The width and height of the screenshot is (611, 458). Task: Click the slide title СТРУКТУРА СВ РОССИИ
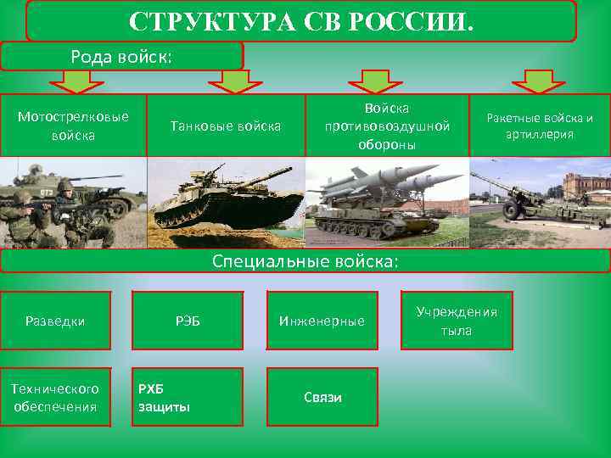pos(301,20)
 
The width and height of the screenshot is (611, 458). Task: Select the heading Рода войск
pos(121,56)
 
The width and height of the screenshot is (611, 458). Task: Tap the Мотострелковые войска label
pos(73,125)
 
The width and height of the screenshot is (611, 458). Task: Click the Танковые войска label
pos(226,126)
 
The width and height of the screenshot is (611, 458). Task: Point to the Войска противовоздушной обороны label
pos(387,126)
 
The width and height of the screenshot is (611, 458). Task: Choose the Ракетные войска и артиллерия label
pos(539,126)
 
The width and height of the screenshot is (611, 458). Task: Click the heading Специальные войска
pos(305,261)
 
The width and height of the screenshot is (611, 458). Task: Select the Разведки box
pos(55,321)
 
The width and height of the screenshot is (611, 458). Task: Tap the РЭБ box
pos(188,321)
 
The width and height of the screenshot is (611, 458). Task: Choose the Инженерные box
pos(322,321)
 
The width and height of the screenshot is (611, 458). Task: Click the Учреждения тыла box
pos(457,321)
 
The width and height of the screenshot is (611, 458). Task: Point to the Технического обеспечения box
pos(55,397)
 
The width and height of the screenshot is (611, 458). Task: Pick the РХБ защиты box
pos(188,397)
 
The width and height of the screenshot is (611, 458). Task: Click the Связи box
pos(322,397)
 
